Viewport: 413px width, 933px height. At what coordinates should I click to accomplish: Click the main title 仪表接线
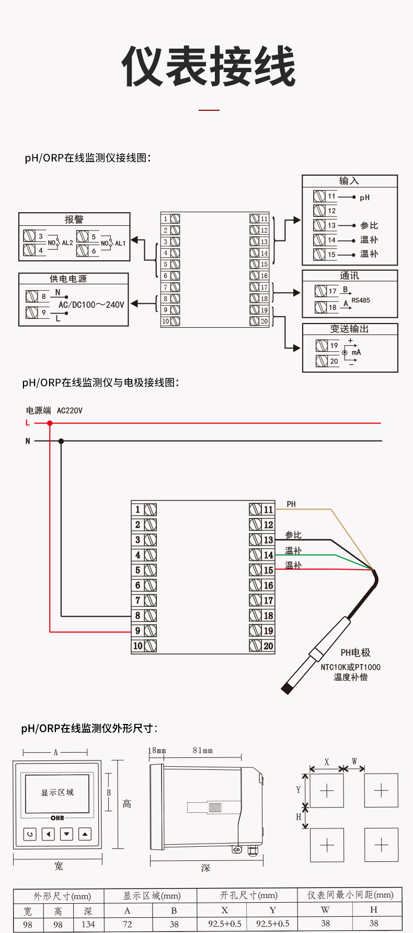tap(208, 66)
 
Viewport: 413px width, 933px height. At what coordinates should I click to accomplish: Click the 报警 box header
tap(74, 220)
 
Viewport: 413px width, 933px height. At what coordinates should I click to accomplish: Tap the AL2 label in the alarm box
tap(67, 243)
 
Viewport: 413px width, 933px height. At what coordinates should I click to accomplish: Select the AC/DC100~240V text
tap(91, 305)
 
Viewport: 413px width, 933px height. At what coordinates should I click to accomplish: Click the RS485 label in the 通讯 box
tap(361, 301)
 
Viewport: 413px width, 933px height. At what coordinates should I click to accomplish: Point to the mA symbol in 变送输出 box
tap(356, 352)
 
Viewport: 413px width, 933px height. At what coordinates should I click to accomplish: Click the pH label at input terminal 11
tap(364, 198)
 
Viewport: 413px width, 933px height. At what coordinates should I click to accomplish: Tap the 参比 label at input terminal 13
tap(369, 225)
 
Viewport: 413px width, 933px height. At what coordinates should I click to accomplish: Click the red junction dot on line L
tap(50, 423)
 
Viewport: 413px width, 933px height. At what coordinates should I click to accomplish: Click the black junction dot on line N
tap(61, 441)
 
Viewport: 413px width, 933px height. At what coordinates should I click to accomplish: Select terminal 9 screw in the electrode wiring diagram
tap(150, 631)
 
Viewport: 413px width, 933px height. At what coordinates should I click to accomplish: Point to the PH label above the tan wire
tap(291, 504)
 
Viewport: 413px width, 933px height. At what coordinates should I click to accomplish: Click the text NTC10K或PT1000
tap(350, 667)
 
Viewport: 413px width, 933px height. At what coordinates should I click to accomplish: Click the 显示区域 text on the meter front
tap(58, 792)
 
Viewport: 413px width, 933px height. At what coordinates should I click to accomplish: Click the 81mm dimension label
tap(202, 751)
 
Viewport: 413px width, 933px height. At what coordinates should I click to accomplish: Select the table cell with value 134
tap(88, 925)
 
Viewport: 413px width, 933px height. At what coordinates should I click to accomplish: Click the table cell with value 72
tap(128, 925)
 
